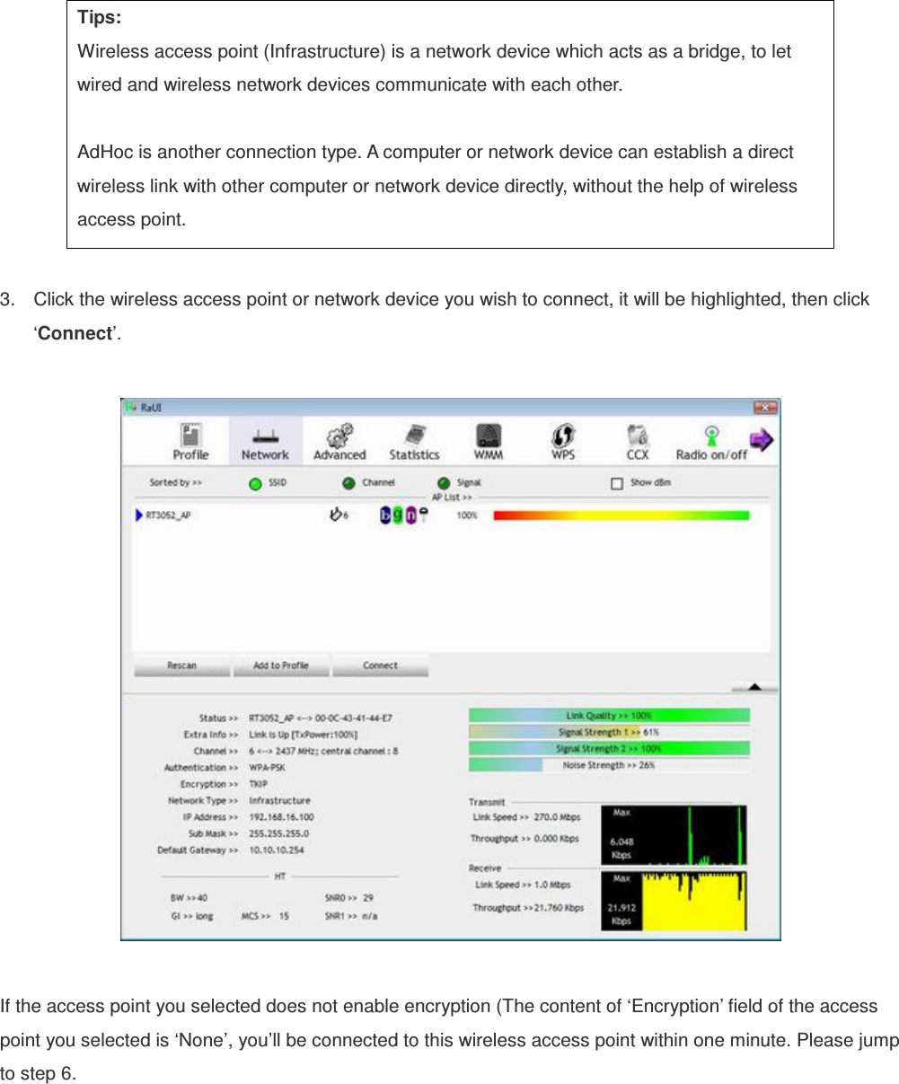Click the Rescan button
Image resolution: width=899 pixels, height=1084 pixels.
click(x=181, y=665)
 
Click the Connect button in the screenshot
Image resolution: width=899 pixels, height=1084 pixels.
click(x=380, y=665)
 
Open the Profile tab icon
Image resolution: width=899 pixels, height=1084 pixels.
click(x=190, y=441)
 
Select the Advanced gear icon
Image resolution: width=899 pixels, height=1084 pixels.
click(x=339, y=441)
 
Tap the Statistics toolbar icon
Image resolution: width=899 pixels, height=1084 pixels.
click(x=414, y=441)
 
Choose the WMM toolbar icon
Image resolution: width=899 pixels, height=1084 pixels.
click(x=489, y=441)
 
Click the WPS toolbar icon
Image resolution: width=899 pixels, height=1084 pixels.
click(x=563, y=441)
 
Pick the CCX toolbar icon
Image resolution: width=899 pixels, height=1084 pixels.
click(x=638, y=441)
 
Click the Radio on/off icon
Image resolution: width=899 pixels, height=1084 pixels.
click(x=711, y=441)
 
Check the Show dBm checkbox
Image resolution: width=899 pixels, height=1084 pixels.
click(x=617, y=483)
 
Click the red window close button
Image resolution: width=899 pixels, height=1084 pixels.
click(x=764, y=408)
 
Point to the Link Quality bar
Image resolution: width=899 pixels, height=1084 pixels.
click(x=609, y=716)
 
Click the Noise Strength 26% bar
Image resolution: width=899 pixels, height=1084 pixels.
click(x=609, y=765)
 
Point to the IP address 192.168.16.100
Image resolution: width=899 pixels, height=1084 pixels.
click(x=281, y=817)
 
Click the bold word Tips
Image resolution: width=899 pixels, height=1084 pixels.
click(x=100, y=18)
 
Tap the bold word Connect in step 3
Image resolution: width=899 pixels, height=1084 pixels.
click(x=74, y=333)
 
